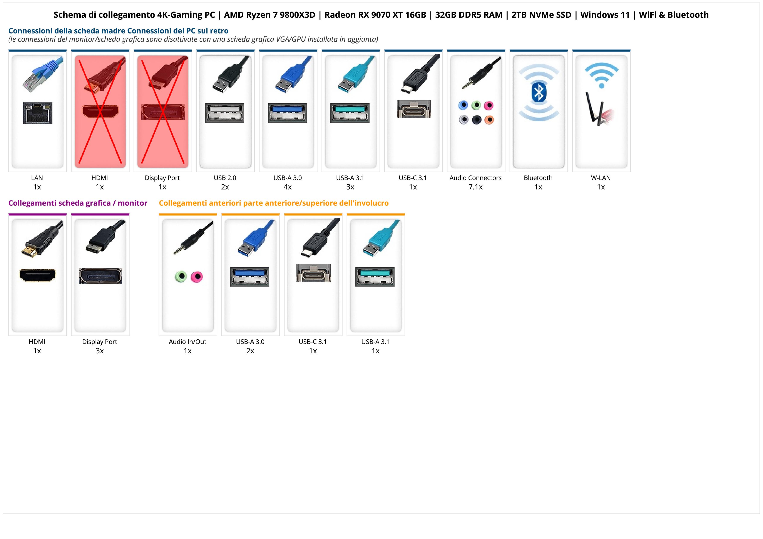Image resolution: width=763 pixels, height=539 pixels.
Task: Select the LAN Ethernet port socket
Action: tap(38, 113)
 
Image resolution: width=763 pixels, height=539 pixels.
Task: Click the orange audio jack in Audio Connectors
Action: tap(489, 120)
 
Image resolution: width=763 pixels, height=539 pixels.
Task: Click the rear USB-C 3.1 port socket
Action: tap(413, 109)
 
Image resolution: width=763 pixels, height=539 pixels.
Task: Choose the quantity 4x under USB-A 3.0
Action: tap(288, 187)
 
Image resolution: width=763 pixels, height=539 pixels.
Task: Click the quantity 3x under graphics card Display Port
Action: tap(100, 351)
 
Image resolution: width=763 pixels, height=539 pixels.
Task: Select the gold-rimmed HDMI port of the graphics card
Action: tap(38, 275)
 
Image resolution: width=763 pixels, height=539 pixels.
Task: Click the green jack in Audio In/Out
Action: tap(181, 276)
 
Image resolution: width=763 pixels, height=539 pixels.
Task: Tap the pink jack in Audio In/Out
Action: tap(197, 276)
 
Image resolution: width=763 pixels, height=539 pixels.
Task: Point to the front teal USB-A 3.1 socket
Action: tap(375, 276)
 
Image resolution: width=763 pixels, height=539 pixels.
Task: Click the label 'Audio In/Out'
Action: tap(187, 342)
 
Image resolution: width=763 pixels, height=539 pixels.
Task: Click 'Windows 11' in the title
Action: tap(605, 15)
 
